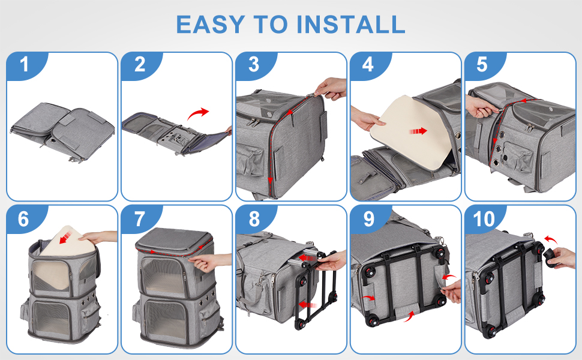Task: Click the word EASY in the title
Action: (x=210, y=25)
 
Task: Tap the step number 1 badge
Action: (x=26, y=65)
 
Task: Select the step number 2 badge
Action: (x=140, y=65)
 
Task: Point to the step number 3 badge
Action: (x=254, y=65)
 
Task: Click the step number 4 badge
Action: (x=369, y=65)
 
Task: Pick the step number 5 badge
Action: (x=483, y=65)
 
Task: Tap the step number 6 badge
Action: (x=25, y=219)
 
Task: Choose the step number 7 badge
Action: (x=140, y=219)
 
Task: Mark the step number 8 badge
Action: (x=254, y=219)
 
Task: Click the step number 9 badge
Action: (x=369, y=219)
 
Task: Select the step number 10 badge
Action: (x=484, y=219)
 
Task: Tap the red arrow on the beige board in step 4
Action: (x=418, y=131)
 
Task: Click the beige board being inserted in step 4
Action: (x=410, y=132)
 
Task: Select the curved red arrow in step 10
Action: (x=551, y=240)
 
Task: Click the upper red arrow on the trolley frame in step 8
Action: (x=307, y=257)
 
